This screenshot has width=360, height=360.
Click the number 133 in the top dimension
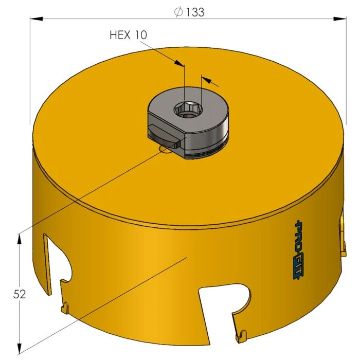195,12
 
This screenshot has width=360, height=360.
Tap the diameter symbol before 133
178,12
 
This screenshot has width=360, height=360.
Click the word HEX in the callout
121,35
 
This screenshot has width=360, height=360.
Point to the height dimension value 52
20,294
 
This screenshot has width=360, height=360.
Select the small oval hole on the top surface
166,149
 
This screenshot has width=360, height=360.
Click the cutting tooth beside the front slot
240,337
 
